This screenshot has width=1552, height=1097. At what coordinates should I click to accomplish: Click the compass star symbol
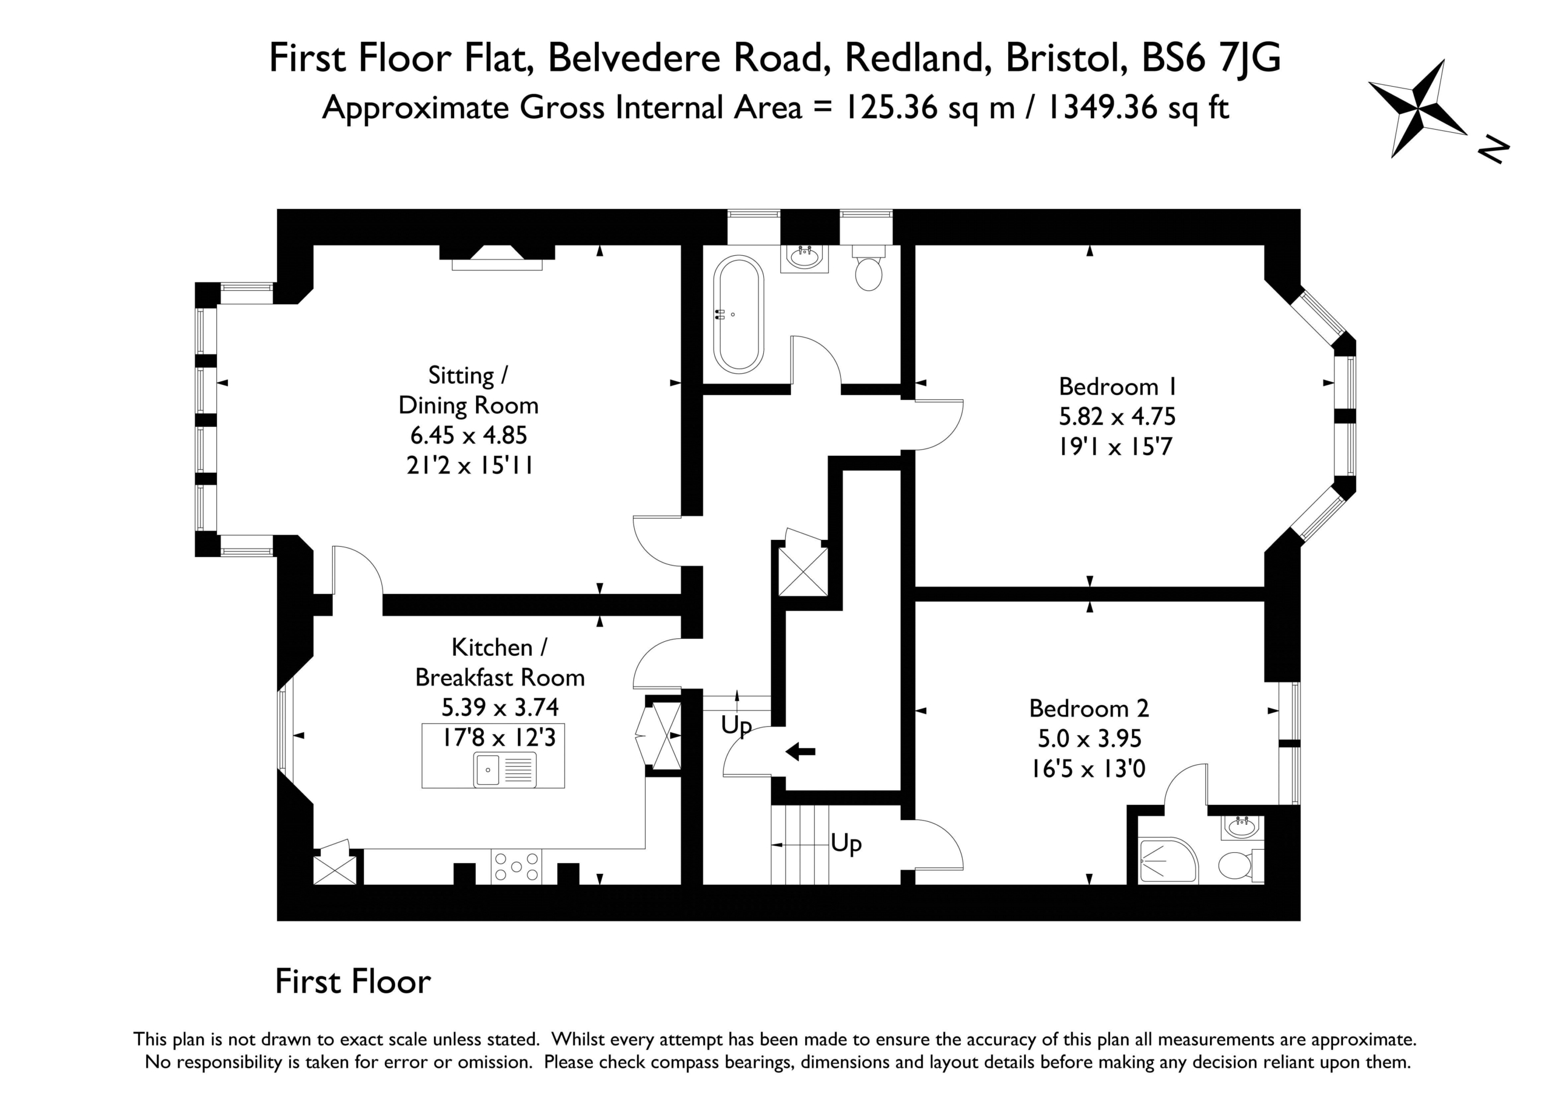tap(1417, 108)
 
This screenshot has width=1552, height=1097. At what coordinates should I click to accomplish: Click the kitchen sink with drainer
tap(506, 770)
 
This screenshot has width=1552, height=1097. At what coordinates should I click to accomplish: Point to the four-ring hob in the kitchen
tap(517, 867)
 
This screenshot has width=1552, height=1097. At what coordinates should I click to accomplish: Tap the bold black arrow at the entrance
tap(800, 751)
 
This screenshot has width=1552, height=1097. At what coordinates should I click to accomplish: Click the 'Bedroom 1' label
tap(1118, 387)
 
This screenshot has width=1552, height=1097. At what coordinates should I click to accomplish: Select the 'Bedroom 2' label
tap(1089, 709)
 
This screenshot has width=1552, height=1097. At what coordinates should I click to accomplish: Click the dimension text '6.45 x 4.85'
tap(469, 435)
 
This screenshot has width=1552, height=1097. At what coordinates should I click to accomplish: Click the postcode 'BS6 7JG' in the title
tap(1211, 58)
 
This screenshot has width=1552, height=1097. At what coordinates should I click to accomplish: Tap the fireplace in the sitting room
tap(497, 258)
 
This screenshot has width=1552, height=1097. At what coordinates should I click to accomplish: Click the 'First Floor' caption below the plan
tap(353, 982)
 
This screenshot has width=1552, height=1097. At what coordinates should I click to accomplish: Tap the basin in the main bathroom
tap(804, 258)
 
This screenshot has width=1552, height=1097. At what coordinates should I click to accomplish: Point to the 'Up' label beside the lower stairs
tap(846, 844)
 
